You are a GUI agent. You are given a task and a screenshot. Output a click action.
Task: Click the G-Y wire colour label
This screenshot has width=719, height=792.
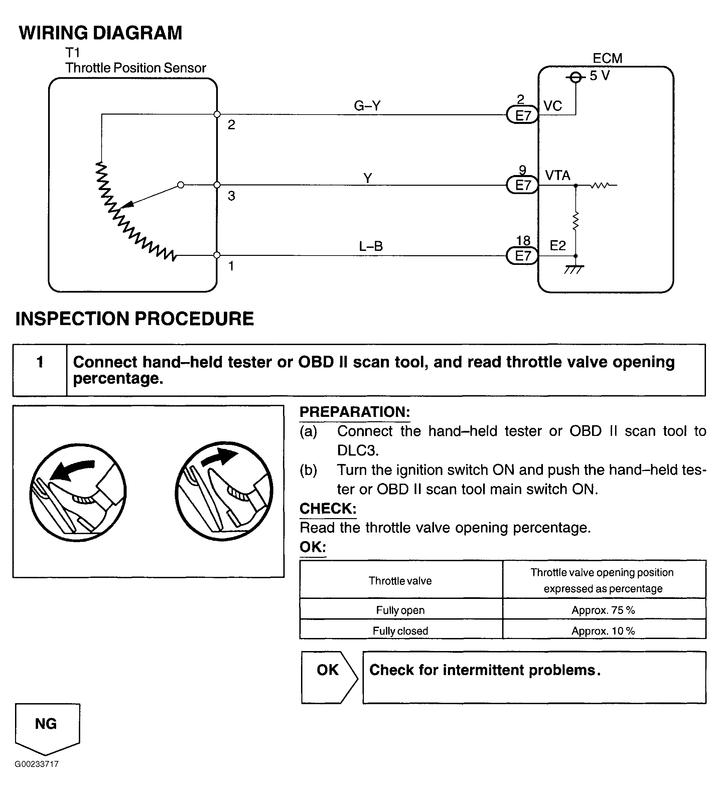click(367, 106)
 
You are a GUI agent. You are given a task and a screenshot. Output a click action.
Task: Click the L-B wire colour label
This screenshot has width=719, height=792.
click(371, 246)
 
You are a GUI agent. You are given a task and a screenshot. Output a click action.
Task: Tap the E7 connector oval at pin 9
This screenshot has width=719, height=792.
click(523, 185)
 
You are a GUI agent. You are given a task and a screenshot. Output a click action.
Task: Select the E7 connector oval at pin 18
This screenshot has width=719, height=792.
click(523, 256)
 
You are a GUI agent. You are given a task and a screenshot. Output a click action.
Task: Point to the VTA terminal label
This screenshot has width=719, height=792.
click(557, 175)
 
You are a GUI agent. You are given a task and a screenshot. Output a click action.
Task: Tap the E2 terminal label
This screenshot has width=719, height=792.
click(558, 246)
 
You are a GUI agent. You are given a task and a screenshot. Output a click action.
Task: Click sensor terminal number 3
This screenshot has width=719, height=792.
click(232, 196)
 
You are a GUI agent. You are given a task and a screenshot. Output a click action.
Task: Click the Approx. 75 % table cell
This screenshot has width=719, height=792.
click(603, 610)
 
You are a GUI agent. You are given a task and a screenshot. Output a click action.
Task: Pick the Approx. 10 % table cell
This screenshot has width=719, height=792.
click(603, 631)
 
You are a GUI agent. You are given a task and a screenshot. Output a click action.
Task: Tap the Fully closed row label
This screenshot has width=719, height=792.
click(400, 631)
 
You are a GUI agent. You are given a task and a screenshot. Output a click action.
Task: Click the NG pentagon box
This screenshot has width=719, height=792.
click(47, 728)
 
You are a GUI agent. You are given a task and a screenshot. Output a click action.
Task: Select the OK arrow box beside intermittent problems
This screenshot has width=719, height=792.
click(328, 678)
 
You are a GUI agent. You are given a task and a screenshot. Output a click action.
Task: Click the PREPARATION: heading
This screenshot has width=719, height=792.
click(354, 412)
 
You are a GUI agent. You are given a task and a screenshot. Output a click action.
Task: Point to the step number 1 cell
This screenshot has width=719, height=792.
click(40, 362)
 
